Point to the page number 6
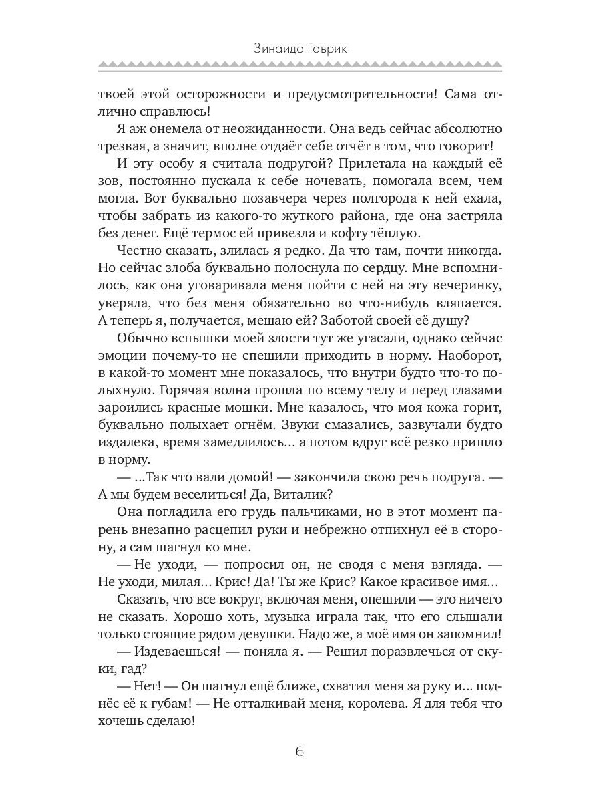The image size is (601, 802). (x=300, y=751)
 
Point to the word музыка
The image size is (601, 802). (x=272, y=616)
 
